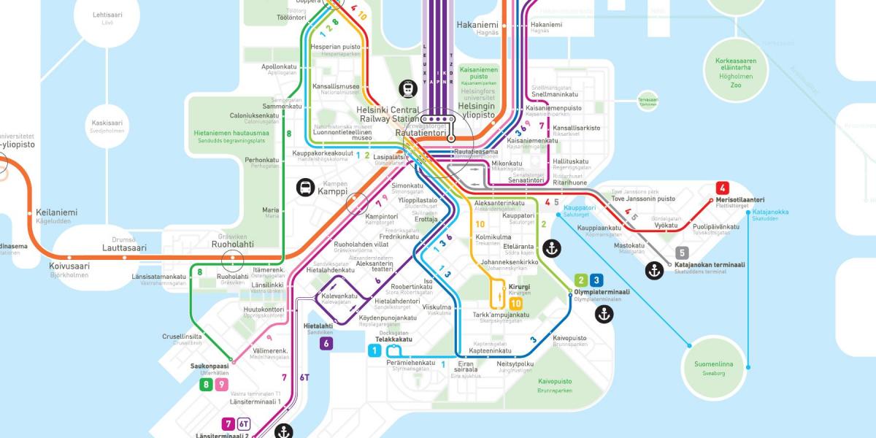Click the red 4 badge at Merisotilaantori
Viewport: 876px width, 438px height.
pyautogui.click(x=723, y=187)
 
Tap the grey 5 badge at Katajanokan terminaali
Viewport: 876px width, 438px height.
pyautogui.click(x=683, y=253)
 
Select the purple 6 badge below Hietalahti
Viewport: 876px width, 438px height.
pyautogui.click(x=326, y=343)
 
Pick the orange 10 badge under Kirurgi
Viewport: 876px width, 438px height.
pyautogui.click(x=515, y=303)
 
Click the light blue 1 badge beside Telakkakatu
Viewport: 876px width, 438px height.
pyautogui.click(x=374, y=351)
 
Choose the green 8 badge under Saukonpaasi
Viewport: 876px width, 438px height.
pyautogui.click(x=207, y=385)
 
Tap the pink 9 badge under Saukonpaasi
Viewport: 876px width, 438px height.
pyautogui.click(x=221, y=385)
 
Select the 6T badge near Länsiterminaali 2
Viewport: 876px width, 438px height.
pyautogui.click(x=244, y=424)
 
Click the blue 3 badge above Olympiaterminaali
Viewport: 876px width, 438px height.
pyautogui.click(x=596, y=280)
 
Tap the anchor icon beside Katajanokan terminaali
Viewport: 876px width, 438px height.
pyautogui.click(x=654, y=270)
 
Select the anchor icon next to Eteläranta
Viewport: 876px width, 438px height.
pyautogui.click(x=553, y=247)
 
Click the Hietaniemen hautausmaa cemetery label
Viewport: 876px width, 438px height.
pyautogui.click(x=232, y=134)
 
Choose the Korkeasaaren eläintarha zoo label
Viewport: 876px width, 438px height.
pyautogui.click(x=735, y=64)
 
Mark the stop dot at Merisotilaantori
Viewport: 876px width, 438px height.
pyautogui.click(x=710, y=200)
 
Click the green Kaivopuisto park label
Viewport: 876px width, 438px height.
pyautogui.click(x=555, y=381)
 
